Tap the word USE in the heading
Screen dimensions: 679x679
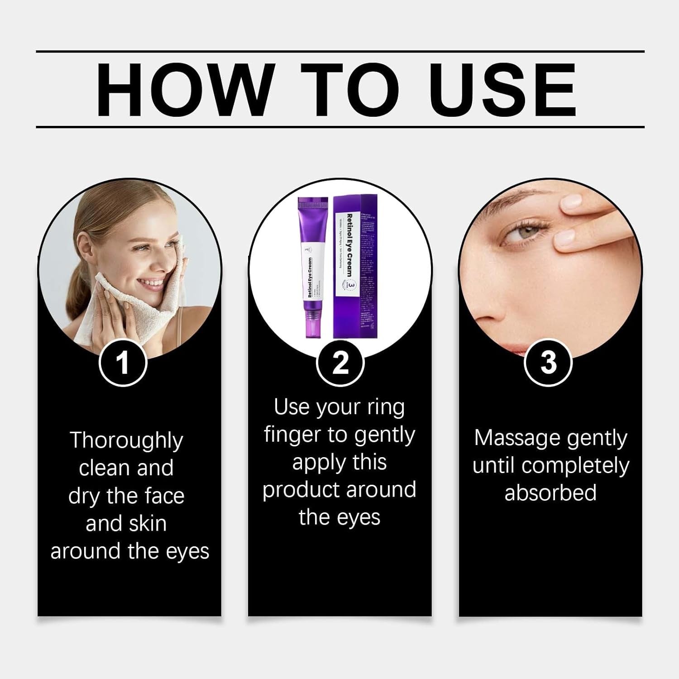click(502, 89)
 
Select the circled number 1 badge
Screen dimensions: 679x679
click(123, 363)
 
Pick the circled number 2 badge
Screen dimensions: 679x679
click(340, 363)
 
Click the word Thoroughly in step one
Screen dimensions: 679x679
click(126, 441)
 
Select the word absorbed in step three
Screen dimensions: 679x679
click(550, 493)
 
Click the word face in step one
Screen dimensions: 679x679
click(166, 496)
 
